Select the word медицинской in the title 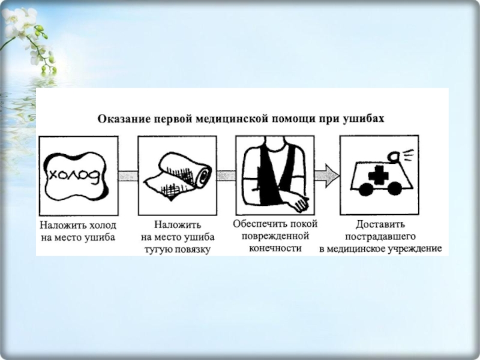click(x=236, y=119)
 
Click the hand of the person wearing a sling click(x=299, y=206)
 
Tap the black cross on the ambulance click(x=378, y=175)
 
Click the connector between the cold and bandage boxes click(x=127, y=176)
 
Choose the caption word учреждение click(x=414, y=248)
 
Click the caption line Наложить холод click(x=78, y=226)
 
